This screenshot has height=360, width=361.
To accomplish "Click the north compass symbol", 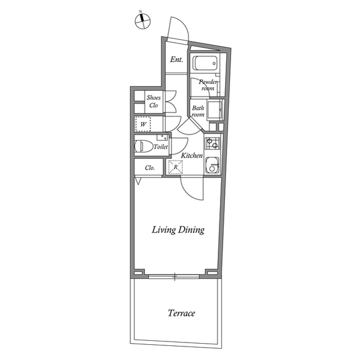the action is click(x=143, y=21).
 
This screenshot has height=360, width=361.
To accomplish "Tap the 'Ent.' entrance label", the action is click(x=177, y=60).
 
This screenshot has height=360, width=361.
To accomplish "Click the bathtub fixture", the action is click(x=205, y=64).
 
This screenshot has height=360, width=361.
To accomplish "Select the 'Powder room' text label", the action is click(x=208, y=85).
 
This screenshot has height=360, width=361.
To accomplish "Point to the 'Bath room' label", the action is click(x=198, y=111).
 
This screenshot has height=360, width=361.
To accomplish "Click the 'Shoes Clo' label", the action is click(x=153, y=101).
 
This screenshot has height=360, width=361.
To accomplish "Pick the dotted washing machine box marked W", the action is click(x=143, y=124).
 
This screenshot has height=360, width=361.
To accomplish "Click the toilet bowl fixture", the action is click(x=144, y=146).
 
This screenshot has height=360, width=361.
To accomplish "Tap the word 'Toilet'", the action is click(x=161, y=146).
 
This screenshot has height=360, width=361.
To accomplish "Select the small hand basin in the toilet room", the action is click(x=162, y=137).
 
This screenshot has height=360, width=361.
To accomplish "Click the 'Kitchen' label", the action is click(x=192, y=155).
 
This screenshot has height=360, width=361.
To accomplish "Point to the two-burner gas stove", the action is click(x=212, y=143).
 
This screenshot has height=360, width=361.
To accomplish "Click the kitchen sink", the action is click(x=212, y=165).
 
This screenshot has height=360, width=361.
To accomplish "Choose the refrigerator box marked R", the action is click(x=175, y=167).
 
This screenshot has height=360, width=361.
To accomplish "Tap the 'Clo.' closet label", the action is click(x=150, y=168).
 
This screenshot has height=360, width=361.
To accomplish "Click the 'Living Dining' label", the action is click(x=178, y=230).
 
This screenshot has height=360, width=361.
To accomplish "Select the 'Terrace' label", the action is click(x=182, y=313).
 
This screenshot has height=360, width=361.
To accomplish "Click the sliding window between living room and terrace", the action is click(x=174, y=277).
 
